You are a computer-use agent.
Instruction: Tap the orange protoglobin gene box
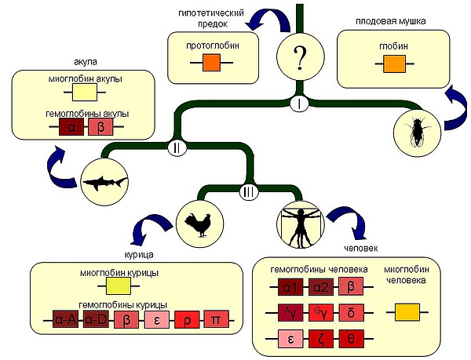213,64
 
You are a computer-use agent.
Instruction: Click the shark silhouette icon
104,180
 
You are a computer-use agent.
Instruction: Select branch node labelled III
247,191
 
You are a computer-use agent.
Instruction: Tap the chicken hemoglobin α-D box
96,319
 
